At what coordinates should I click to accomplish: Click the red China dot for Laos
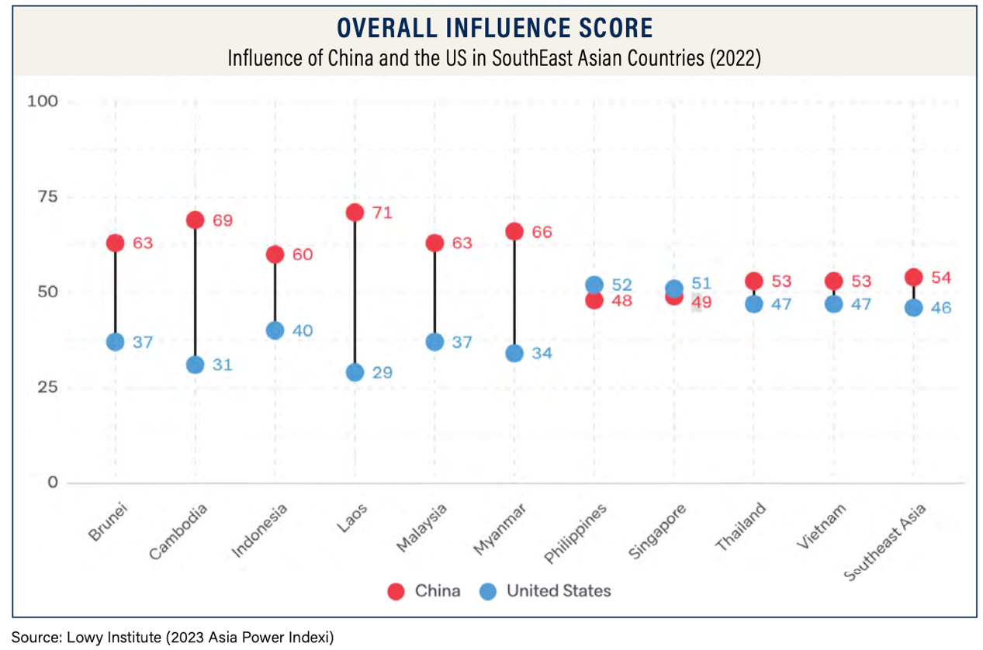point(355,213)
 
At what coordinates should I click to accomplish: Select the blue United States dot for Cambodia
point(196,365)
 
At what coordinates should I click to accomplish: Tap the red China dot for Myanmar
point(514,231)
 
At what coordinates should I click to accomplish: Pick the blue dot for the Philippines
point(594,285)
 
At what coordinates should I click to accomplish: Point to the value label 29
point(381,373)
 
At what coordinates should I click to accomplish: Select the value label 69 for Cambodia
point(222,220)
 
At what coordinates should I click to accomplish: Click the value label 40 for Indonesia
point(301,330)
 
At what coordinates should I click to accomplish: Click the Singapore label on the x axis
point(658,531)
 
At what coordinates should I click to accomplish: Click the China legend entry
point(424,591)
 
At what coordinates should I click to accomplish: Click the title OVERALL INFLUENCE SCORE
point(494,28)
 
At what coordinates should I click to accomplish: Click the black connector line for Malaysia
point(434,292)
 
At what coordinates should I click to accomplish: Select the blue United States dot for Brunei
point(116,342)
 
